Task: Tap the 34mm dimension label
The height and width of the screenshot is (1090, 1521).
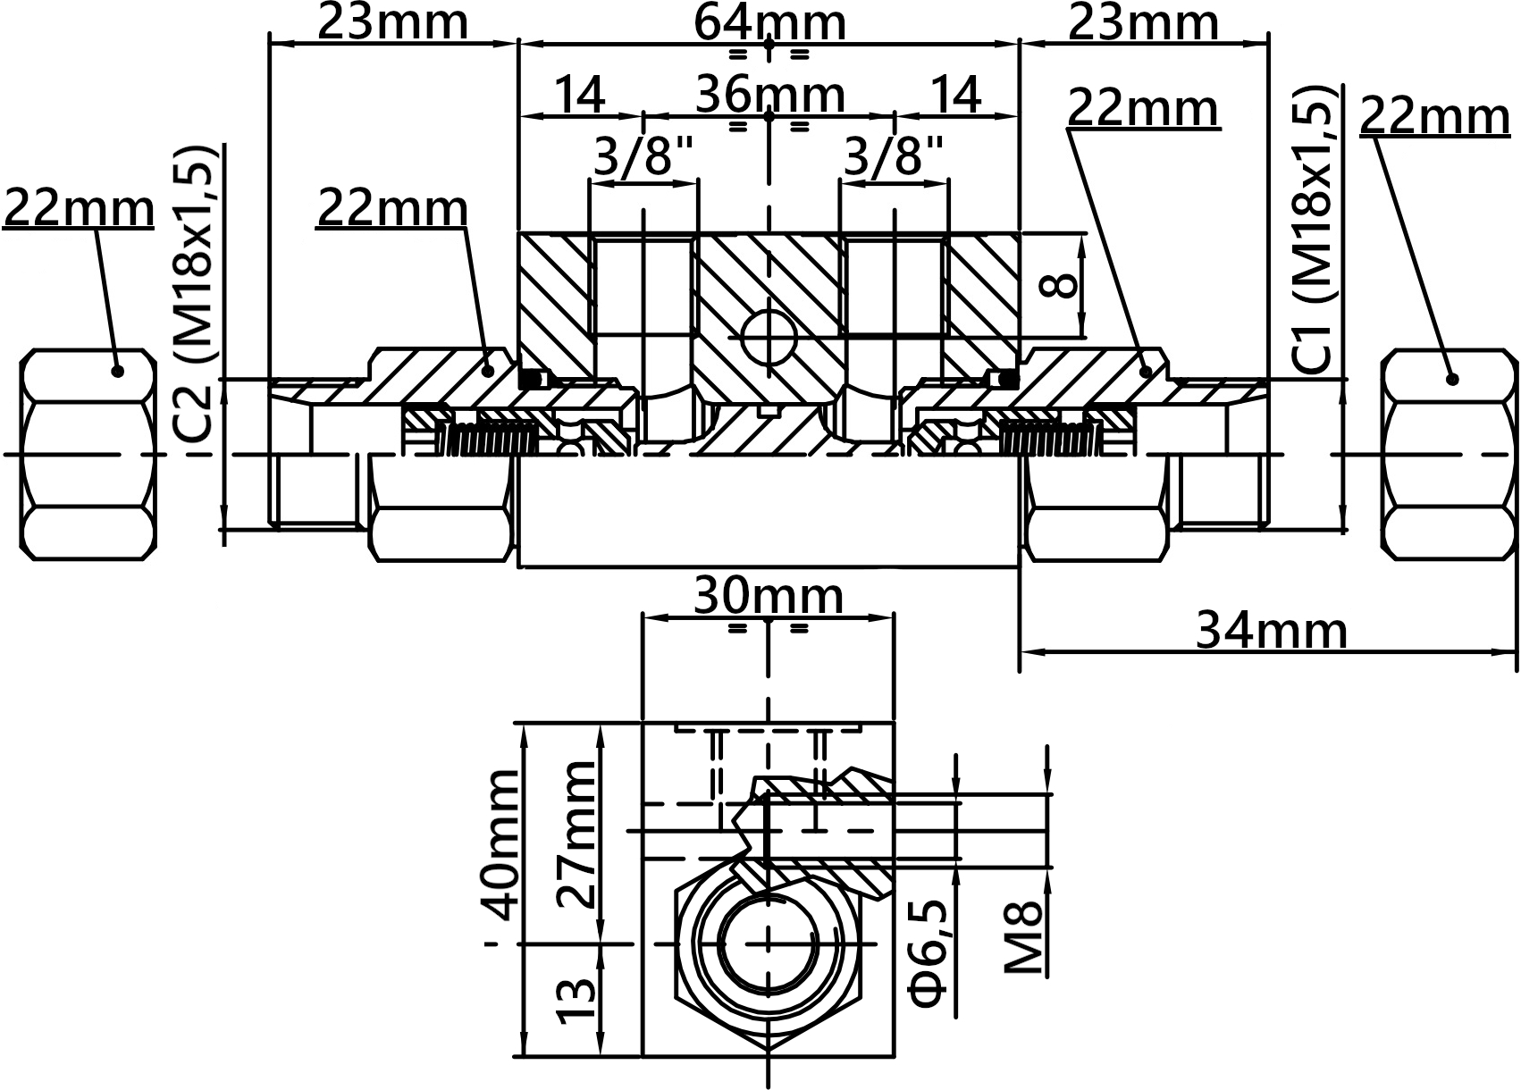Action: click(1271, 631)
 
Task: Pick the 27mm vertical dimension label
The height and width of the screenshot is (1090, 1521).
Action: click(576, 834)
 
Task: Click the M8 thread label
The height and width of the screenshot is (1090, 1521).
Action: click(1023, 939)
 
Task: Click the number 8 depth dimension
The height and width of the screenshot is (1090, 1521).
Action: click(1059, 285)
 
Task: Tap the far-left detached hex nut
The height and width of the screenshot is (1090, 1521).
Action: click(88, 455)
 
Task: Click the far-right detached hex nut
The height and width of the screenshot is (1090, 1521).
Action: click(1450, 455)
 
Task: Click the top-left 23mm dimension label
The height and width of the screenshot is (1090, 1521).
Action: click(393, 23)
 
